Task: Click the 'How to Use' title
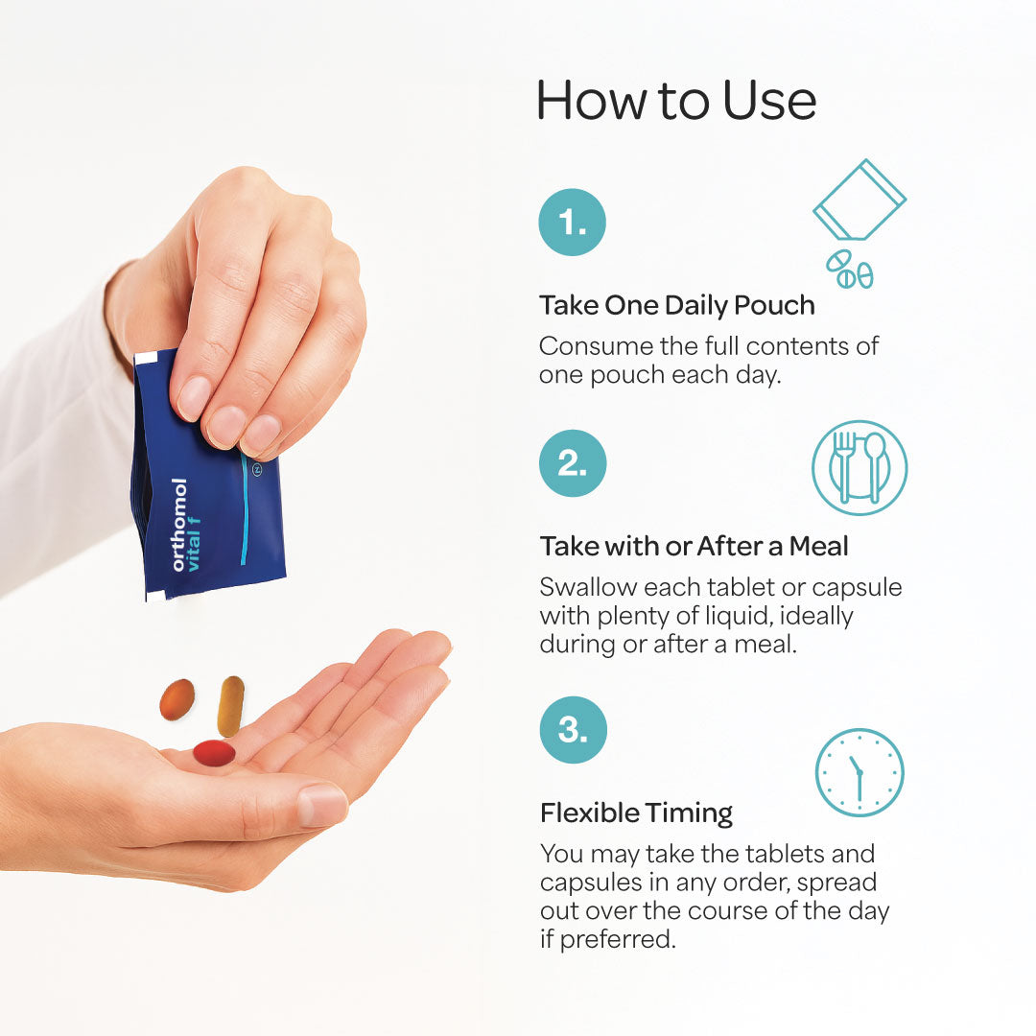676,101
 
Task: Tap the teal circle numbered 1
572,222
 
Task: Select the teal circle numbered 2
573,463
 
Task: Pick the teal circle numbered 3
574,730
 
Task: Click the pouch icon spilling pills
859,224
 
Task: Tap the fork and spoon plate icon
859,468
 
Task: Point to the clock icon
859,772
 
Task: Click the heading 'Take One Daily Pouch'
677,306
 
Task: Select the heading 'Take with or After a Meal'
694,547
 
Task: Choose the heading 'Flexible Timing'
636,813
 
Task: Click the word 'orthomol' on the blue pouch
179,525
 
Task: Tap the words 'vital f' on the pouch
193,545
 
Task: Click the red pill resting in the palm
214,753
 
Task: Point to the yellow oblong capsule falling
230,706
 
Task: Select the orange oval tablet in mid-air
177,699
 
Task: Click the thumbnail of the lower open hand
321,806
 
